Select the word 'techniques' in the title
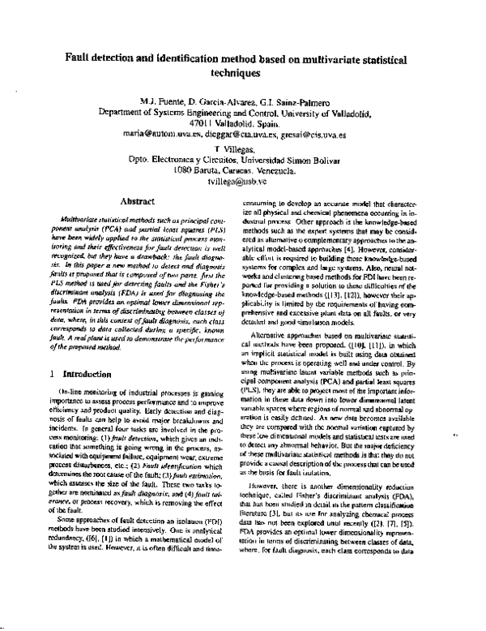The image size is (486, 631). tap(243, 71)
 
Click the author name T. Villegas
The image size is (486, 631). tap(243, 151)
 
